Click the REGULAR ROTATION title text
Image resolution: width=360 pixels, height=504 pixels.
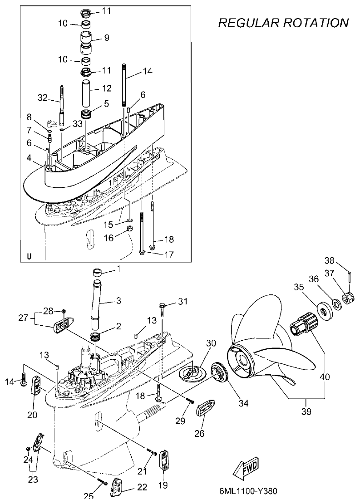tap(284, 23)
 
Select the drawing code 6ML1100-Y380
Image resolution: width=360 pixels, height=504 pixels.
tap(247, 491)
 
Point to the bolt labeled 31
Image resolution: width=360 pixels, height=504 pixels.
tap(163, 307)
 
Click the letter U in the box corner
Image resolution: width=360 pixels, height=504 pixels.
tap(29, 256)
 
